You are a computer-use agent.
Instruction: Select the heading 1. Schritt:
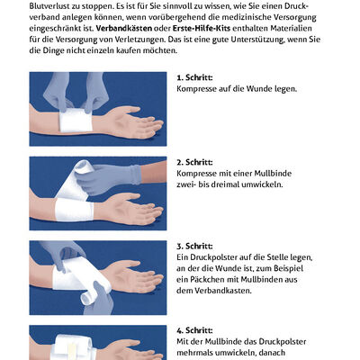click(x=195, y=78)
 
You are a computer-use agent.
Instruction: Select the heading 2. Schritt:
click(x=195, y=163)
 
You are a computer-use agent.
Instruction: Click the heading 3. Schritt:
click(x=195, y=246)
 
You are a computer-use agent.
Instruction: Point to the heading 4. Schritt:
click(x=195, y=330)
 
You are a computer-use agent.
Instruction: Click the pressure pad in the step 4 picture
click(x=67, y=343)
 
